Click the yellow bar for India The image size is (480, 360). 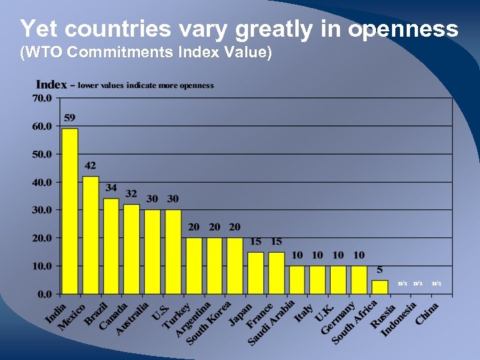click(70, 211)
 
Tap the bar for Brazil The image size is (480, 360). click(111, 246)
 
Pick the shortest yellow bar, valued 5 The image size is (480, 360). click(379, 287)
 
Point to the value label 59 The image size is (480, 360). click(70, 118)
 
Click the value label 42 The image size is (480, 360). click(91, 165)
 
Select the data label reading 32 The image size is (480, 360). click(132, 193)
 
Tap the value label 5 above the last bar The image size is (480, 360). click(379, 270)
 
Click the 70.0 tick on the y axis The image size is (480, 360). click(43, 99)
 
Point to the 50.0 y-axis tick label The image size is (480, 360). click(43, 154)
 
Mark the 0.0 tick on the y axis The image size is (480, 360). click(45, 293)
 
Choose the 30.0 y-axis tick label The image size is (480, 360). click(43, 210)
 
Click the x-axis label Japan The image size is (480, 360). click(241, 315)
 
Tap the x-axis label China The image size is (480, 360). click(427, 313)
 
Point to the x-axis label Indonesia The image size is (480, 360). click(399, 319)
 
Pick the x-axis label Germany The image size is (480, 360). click(339, 317)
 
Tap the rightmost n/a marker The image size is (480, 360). click(437, 283)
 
